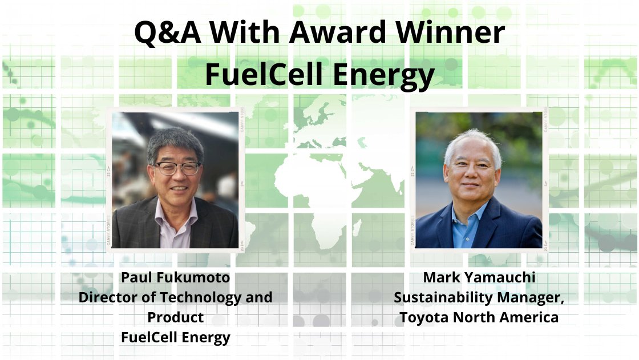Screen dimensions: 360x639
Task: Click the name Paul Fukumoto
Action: point(175,279)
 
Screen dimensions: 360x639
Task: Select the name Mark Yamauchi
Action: point(479,278)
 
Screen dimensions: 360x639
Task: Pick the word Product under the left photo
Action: point(175,317)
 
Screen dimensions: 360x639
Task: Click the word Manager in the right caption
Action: point(533,298)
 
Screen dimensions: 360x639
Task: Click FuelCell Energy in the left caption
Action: point(175,337)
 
